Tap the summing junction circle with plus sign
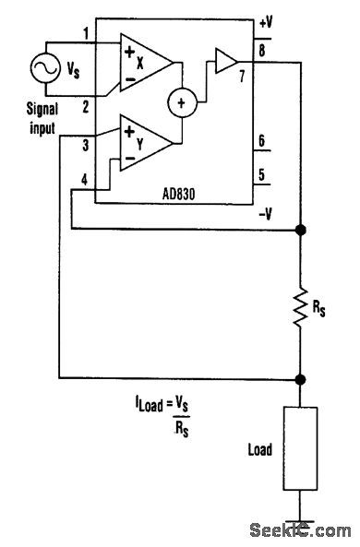pyautogui.click(x=181, y=102)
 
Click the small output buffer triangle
pyautogui.click(x=225, y=62)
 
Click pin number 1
pyautogui.click(x=86, y=35)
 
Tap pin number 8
pyautogui.click(x=263, y=51)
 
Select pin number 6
pyautogui.click(x=262, y=142)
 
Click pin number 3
pyautogui.click(x=85, y=145)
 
